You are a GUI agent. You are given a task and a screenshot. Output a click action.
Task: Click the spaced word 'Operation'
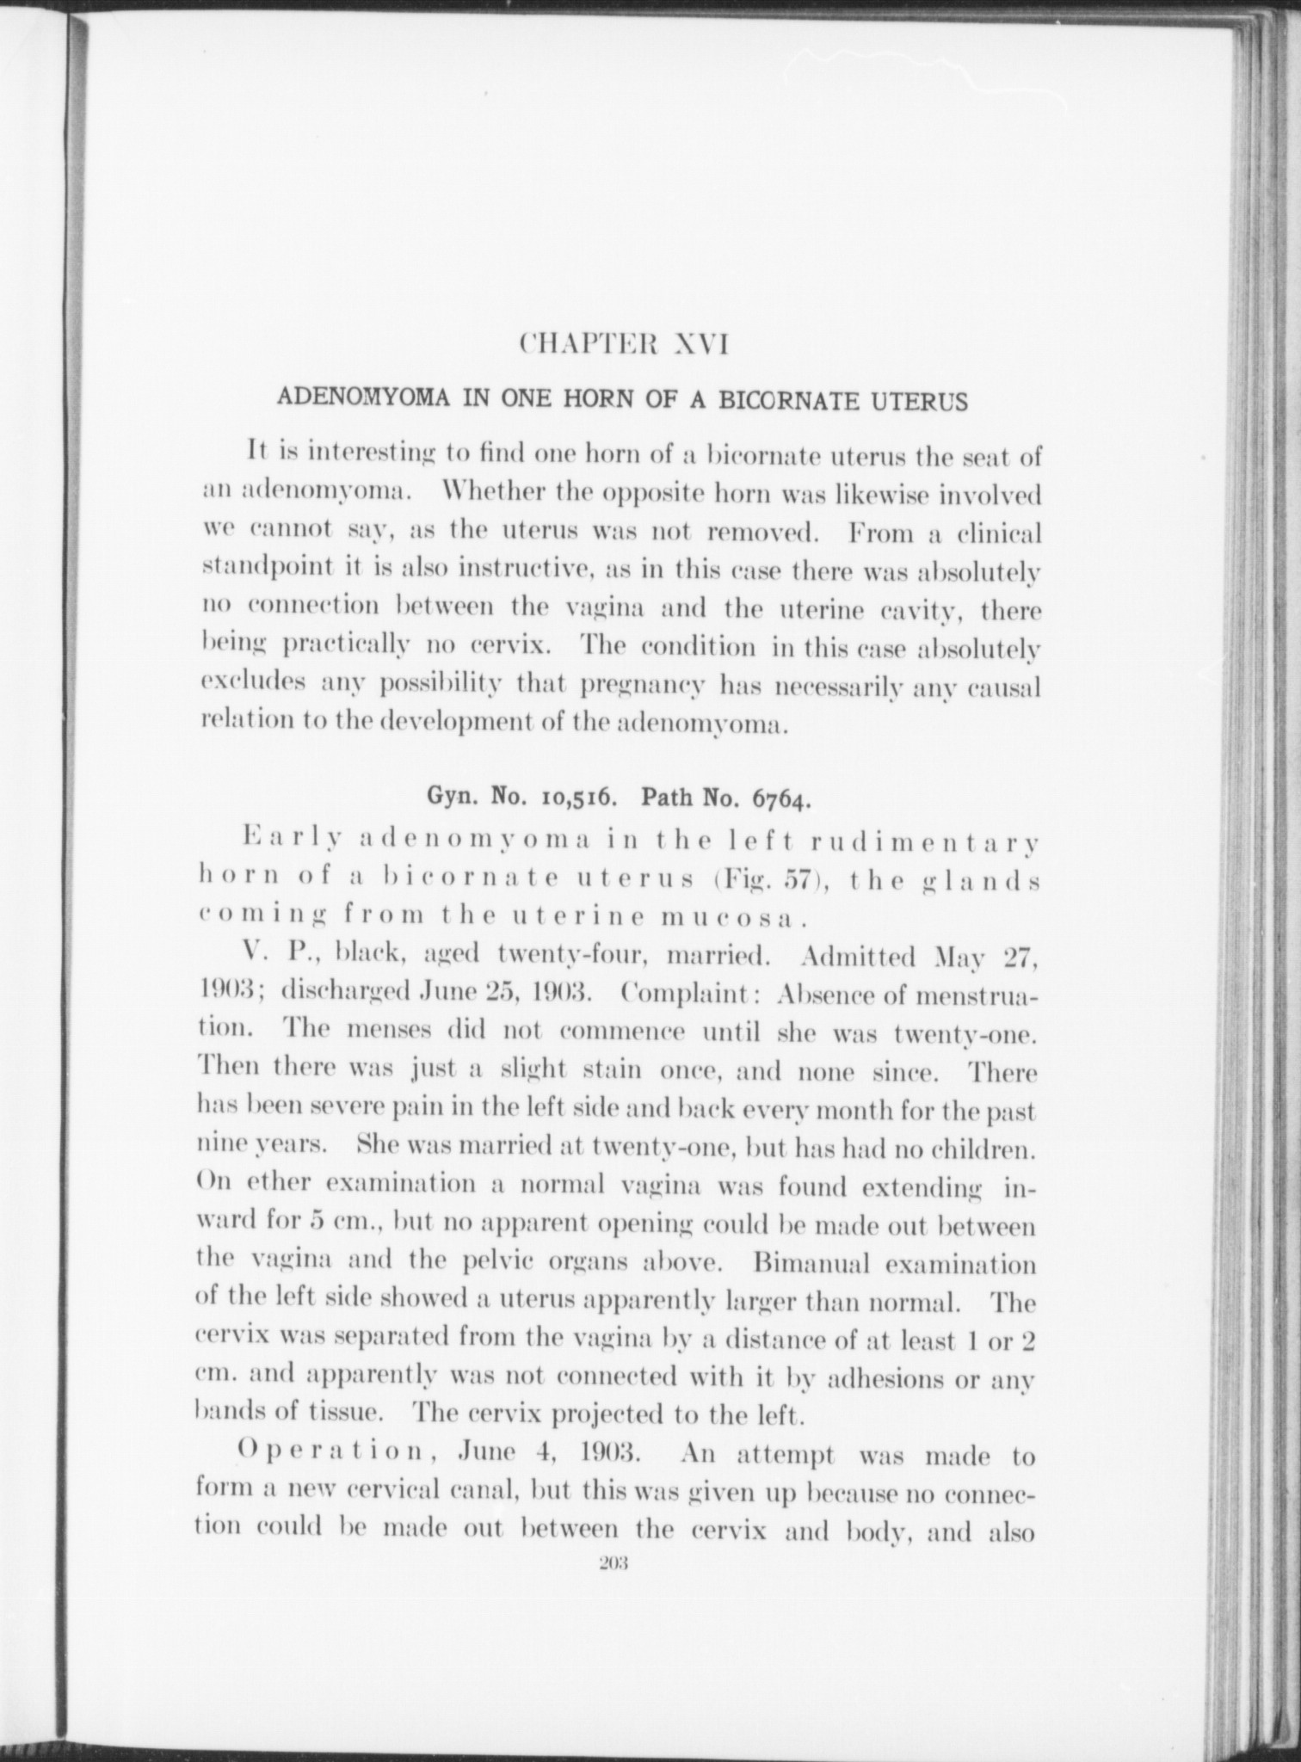click(339, 1457)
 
